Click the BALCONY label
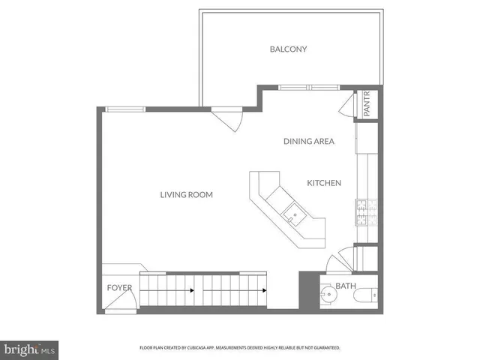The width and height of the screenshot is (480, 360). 289,49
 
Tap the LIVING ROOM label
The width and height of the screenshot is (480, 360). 186,195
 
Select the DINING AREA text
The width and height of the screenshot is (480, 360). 308,141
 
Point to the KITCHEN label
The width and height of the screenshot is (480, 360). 324,183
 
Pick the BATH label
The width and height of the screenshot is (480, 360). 346,286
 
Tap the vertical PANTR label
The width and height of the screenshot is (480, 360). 367,104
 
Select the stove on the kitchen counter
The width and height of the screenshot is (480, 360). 365,211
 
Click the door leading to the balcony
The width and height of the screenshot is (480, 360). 226,118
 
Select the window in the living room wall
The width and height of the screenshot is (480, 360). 125,109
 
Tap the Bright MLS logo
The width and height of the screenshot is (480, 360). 30,349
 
